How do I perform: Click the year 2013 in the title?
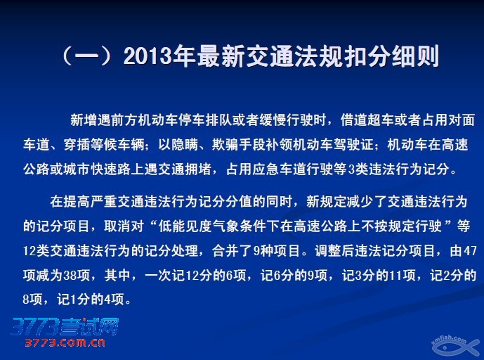148,56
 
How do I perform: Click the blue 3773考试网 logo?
65,327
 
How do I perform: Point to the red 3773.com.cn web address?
65,342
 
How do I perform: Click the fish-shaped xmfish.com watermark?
454,346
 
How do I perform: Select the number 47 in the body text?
469,251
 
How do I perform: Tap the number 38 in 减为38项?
70,276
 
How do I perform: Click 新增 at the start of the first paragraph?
84,120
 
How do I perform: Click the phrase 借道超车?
367,120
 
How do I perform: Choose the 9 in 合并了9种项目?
256,251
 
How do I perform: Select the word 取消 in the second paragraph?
117,226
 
